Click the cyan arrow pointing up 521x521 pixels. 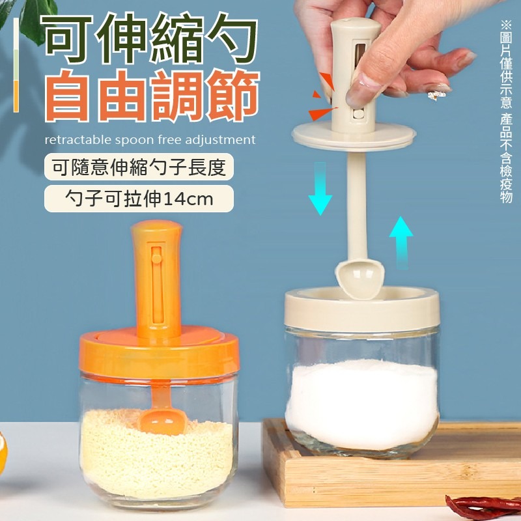(x=401, y=242)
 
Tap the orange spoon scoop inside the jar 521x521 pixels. (x=162, y=421)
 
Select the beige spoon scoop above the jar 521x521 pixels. (x=360, y=279)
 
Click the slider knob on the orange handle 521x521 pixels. (x=156, y=258)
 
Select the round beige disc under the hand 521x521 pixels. (x=354, y=135)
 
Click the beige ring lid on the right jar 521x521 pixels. (x=362, y=309)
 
